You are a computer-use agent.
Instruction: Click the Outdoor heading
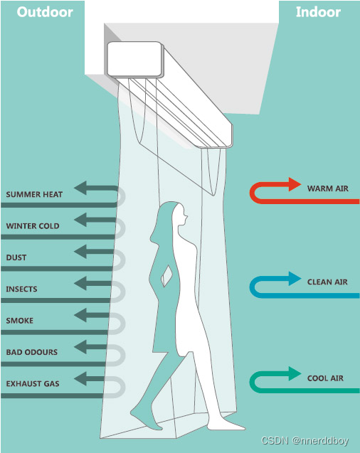(45, 12)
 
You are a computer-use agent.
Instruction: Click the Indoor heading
(318, 12)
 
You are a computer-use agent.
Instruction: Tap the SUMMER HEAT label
(34, 194)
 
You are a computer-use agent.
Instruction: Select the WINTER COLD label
(33, 226)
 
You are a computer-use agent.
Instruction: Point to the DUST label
(16, 257)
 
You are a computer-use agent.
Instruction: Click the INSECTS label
(21, 289)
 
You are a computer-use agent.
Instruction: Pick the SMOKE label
(20, 321)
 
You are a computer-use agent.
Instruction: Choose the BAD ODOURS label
(32, 352)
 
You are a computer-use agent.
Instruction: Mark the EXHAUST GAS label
(33, 384)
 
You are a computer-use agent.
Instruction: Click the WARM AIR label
(328, 188)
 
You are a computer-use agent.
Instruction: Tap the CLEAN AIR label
(327, 282)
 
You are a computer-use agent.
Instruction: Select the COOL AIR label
(325, 378)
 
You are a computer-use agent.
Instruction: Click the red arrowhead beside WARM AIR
(295, 184)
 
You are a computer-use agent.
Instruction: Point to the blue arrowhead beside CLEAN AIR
(295, 279)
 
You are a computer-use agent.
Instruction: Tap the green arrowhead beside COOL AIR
(295, 373)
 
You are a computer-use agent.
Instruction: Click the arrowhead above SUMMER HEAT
(80, 188)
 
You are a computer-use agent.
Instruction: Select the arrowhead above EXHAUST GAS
(80, 379)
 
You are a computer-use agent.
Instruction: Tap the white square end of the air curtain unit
(134, 59)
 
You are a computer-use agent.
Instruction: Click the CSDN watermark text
(305, 441)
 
